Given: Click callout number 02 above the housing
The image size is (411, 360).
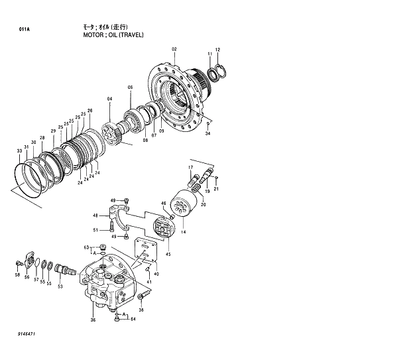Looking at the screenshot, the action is [174, 50].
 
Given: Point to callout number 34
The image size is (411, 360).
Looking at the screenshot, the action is [207, 134].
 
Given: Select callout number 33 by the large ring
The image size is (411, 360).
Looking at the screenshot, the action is [19, 152].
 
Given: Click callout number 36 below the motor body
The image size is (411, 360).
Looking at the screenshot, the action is [93, 320].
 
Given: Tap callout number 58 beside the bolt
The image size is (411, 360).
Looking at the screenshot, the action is [18, 274].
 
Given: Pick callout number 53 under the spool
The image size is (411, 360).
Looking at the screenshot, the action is [60, 286].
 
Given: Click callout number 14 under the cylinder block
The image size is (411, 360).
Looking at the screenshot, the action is [183, 232].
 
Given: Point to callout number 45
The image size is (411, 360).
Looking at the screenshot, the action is [168, 254].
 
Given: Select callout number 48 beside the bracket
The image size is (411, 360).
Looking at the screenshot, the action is [95, 215].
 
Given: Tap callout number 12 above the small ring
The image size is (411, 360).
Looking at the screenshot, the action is [217, 50].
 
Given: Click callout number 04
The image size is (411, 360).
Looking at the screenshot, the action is [110, 99].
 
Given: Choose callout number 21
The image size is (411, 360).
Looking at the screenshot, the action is [216, 189].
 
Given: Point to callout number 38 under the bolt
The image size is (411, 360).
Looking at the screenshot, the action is [141, 310].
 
